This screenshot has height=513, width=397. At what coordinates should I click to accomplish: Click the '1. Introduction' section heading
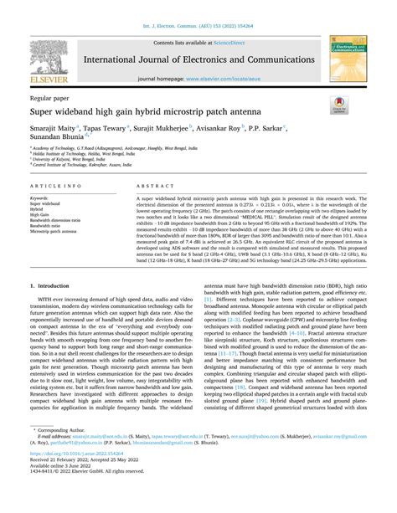click(52, 285)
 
